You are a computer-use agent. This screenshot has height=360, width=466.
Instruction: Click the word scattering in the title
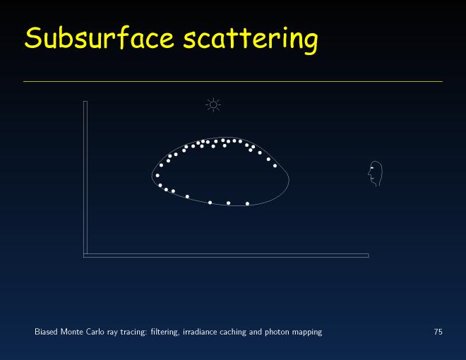click(251, 40)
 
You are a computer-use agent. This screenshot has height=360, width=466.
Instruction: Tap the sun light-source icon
click(213, 105)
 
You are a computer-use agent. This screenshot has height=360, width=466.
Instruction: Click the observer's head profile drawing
click(375, 174)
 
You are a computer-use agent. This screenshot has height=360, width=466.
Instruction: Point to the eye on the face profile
click(371, 169)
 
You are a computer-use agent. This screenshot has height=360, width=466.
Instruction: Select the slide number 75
click(438, 332)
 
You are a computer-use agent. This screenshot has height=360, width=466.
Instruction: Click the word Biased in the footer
click(46, 332)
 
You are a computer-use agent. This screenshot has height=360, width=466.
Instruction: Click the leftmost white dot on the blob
click(157, 176)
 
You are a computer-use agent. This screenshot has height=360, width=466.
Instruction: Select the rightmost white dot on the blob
click(275, 166)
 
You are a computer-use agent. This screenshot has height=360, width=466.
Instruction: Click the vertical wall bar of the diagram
click(85, 178)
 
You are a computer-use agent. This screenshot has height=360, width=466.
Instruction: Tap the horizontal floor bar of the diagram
click(226, 256)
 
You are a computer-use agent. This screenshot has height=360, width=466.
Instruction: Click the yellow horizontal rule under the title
click(233, 81)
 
